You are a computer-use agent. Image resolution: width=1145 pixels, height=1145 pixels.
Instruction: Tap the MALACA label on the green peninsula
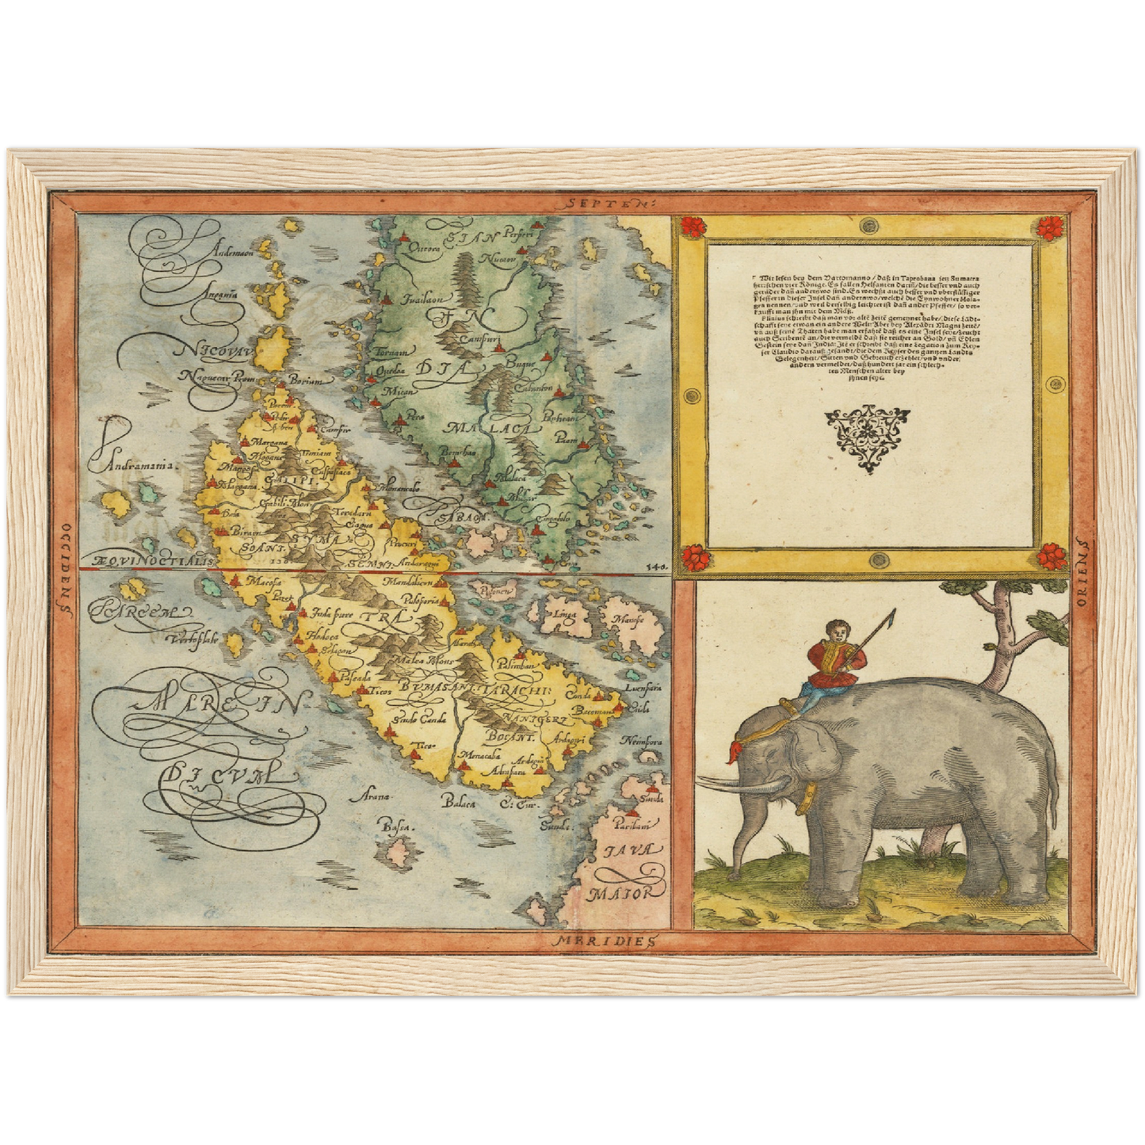[x=481, y=429]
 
